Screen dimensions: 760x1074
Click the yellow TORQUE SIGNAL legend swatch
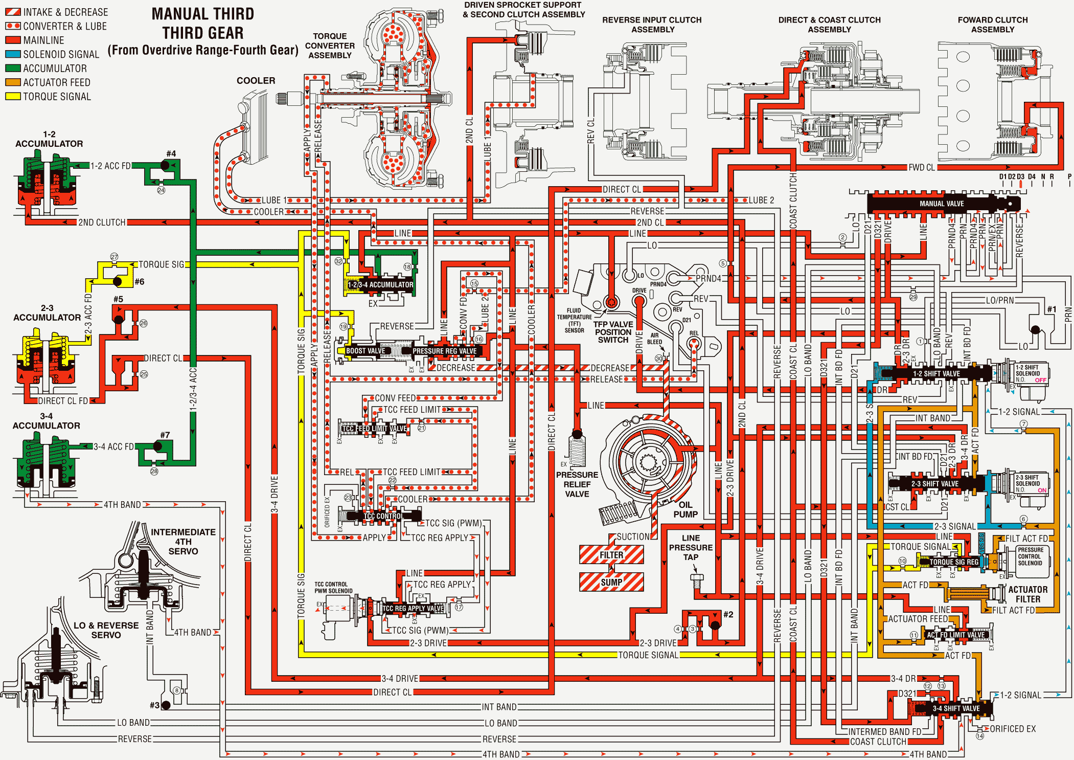click(13, 96)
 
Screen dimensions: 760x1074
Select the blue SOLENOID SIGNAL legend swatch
click(13, 54)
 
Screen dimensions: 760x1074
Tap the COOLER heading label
click(256, 81)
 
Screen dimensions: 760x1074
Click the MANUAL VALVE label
click(942, 204)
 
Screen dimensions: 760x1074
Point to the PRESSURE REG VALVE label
click(444, 351)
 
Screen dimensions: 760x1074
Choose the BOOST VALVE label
click(365, 351)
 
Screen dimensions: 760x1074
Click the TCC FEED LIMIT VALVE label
click(374, 429)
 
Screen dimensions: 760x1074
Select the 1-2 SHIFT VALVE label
click(936, 374)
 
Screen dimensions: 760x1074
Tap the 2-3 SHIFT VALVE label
click(935, 484)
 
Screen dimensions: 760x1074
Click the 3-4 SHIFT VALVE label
click(956, 708)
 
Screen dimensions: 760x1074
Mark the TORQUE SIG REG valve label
click(954, 562)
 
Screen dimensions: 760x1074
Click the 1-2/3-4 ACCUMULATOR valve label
click(380, 285)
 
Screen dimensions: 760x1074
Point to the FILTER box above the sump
click(611, 555)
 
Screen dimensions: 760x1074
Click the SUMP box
click(611, 582)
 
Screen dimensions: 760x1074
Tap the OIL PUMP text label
click(685, 509)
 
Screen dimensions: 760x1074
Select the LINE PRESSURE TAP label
click(691, 547)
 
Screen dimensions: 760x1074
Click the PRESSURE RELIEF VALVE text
click(577, 484)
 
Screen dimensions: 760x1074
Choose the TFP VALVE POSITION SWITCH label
click(613, 332)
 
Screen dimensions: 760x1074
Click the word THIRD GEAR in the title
click(203, 33)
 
